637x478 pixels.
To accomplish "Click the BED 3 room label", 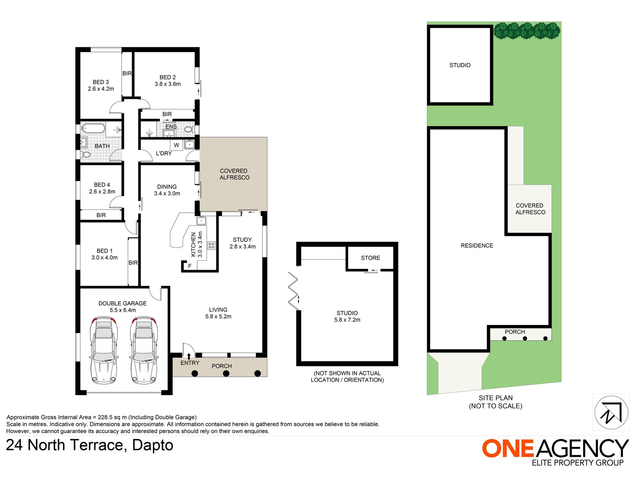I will [101, 82].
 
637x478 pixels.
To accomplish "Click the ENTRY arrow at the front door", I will [189, 356].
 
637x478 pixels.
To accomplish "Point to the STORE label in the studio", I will [370, 258].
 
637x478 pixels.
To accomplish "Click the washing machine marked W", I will [176, 145].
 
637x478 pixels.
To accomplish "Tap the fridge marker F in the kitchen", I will [190, 266].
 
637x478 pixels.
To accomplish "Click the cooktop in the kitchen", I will [211, 245].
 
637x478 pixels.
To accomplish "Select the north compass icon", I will [611, 412].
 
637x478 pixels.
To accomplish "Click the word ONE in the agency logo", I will [508, 448].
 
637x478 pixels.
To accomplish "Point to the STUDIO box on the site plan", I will [460, 65].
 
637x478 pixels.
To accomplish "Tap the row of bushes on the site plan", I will [527, 31].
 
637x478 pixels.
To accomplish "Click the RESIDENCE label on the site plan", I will [477, 246].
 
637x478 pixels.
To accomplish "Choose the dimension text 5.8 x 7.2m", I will [347, 320].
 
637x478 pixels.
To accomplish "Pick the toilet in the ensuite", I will [188, 129].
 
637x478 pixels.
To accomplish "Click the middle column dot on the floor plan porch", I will [226, 373].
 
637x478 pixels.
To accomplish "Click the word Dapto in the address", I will [153, 445].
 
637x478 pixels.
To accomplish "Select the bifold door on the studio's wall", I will [293, 291].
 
